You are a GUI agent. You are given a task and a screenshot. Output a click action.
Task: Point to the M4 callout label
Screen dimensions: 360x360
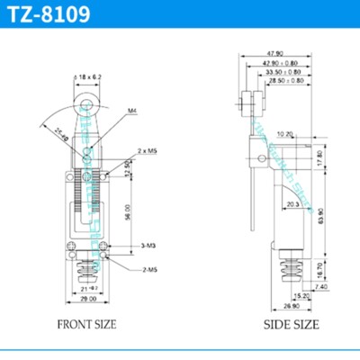pos(131,111)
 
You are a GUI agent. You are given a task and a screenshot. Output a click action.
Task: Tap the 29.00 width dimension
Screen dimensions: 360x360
pos(88,297)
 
